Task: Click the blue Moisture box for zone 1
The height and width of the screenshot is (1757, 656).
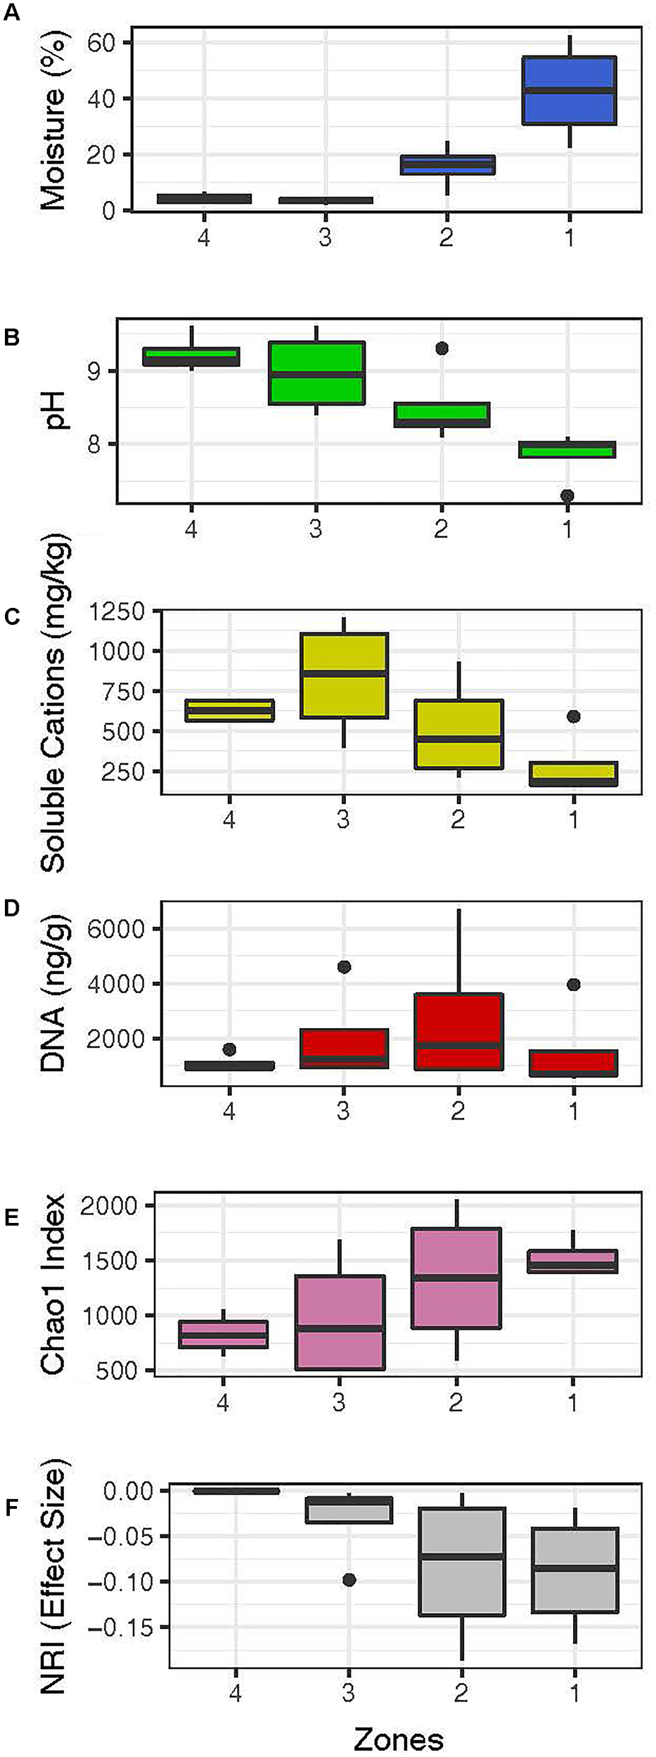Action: point(569,90)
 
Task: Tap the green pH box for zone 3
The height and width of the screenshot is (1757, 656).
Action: point(316,372)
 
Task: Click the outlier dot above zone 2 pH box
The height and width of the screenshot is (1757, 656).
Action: point(442,348)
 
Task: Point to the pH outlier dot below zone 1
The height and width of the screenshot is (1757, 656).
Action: point(567,495)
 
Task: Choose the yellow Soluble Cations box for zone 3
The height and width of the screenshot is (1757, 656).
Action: point(343,675)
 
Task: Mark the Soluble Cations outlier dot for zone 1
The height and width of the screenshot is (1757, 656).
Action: point(574,716)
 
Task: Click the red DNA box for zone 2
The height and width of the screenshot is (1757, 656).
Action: point(458,1032)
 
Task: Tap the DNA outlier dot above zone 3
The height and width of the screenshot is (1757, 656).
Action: point(344,967)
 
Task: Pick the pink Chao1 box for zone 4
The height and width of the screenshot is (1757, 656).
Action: point(223,1333)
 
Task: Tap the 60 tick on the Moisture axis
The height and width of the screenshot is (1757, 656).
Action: point(100,43)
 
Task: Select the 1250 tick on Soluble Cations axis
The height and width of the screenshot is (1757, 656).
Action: point(117,611)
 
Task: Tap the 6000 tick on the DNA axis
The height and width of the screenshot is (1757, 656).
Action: point(117,928)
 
